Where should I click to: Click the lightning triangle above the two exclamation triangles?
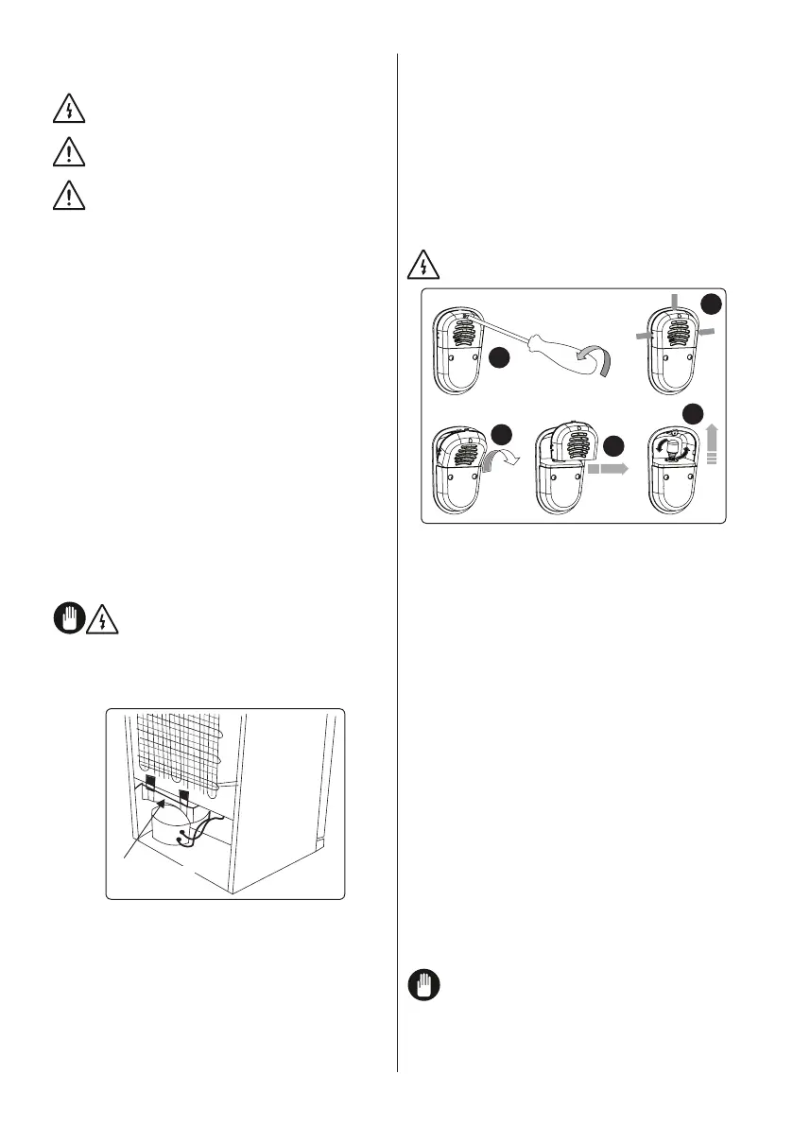coord(69,111)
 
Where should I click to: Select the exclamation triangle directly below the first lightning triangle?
coord(69,151)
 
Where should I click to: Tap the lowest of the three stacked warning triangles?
coord(69,196)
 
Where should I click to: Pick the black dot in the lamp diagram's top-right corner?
coord(712,303)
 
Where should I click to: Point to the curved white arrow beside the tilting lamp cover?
coord(519,461)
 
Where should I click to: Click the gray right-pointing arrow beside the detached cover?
coord(608,466)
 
